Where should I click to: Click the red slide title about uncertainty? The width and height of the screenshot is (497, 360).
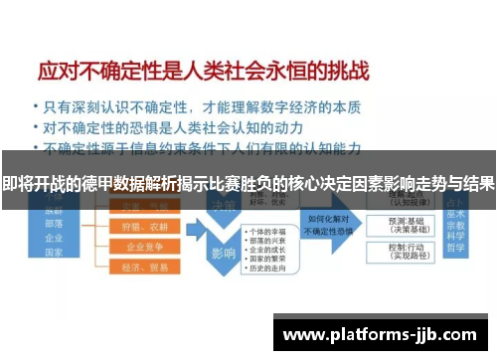204,72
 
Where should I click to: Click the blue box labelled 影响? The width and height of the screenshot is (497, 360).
222,254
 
